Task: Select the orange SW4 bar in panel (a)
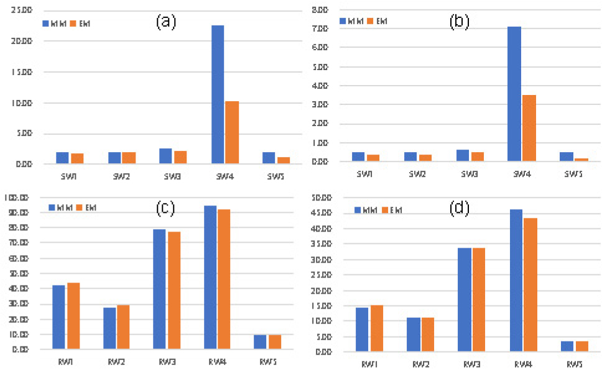tap(232, 132)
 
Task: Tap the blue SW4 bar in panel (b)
tap(514, 94)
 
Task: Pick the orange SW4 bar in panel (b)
tap(529, 128)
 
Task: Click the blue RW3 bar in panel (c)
tap(159, 289)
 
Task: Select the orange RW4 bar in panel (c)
tap(224, 279)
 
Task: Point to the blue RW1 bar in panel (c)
tap(58, 317)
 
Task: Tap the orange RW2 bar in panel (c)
tap(123, 327)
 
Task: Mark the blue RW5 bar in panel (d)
tap(567, 346)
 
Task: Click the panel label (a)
tap(166, 22)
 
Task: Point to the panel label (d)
tap(460, 209)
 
